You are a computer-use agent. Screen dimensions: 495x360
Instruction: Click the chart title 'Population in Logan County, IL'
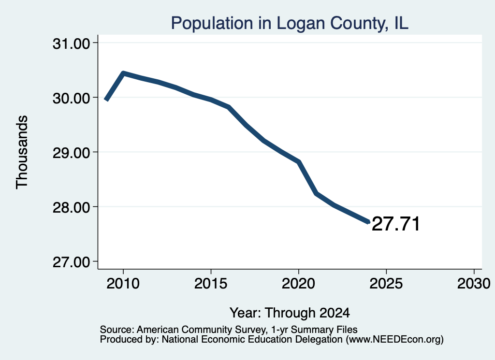click(x=290, y=23)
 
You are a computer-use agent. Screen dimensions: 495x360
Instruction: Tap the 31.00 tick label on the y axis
click(x=72, y=43)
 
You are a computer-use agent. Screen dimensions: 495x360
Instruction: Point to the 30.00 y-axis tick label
click(x=72, y=98)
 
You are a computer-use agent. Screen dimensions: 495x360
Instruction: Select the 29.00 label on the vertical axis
click(x=72, y=153)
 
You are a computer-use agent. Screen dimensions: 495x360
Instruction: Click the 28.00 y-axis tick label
click(x=72, y=207)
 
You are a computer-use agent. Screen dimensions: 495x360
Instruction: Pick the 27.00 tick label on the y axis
click(x=72, y=262)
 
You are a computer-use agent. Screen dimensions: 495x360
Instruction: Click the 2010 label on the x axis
click(x=123, y=283)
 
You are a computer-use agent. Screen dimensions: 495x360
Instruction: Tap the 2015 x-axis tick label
click(x=211, y=283)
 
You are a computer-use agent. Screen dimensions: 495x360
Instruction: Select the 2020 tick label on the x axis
click(x=298, y=283)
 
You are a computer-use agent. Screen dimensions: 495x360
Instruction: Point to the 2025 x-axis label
click(x=386, y=283)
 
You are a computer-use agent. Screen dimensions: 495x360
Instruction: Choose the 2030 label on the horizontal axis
click(x=474, y=283)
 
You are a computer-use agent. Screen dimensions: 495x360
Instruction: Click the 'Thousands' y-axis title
click(x=22, y=152)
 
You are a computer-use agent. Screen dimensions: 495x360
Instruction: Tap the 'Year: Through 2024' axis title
click(x=290, y=313)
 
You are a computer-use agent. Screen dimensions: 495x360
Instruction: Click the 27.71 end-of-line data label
click(x=396, y=224)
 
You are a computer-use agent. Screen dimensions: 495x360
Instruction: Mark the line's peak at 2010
click(x=123, y=73)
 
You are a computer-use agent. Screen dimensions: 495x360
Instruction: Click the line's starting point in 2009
click(x=106, y=100)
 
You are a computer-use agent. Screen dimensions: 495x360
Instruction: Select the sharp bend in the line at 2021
click(x=316, y=193)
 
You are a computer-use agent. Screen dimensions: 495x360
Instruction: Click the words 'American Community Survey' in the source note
click(x=201, y=330)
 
